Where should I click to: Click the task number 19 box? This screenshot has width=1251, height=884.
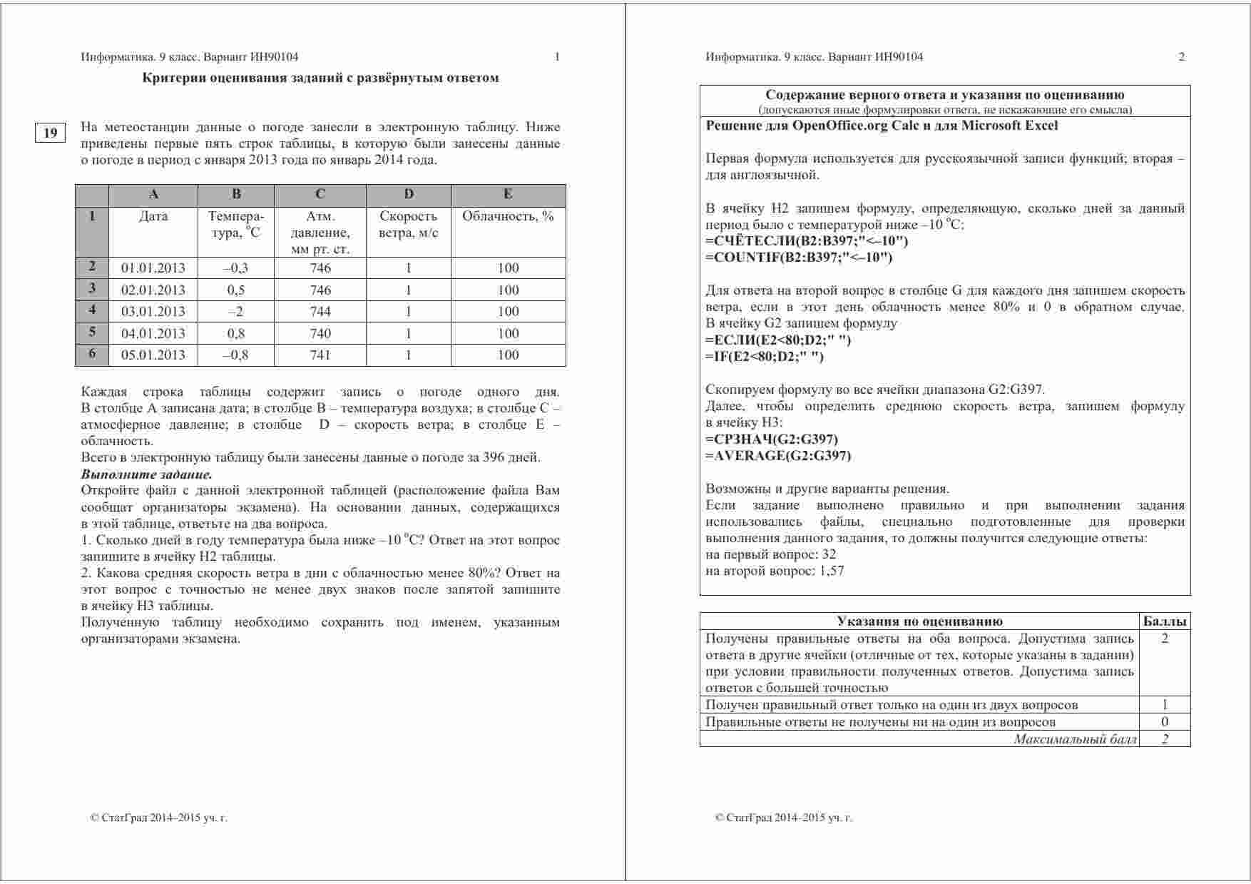(50, 133)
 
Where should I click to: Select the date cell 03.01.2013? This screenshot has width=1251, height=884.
(153, 311)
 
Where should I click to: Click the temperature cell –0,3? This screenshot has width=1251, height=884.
(235, 268)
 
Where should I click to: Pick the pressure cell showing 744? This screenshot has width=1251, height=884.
(320, 311)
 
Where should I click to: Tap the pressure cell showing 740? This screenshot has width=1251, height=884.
(320, 333)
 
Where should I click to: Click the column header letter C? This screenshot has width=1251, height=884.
(320, 194)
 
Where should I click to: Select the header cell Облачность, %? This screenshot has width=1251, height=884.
(508, 216)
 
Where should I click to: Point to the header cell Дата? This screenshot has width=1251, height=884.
(153, 216)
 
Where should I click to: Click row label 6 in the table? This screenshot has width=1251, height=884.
(92, 354)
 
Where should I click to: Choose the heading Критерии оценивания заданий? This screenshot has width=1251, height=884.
(320, 78)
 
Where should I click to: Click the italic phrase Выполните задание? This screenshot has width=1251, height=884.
(147, 474)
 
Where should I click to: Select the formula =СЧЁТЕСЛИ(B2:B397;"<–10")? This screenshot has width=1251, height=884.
(807, 240)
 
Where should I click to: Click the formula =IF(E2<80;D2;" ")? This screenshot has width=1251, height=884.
(764, 356)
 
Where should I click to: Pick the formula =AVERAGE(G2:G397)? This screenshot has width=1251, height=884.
(778, 455)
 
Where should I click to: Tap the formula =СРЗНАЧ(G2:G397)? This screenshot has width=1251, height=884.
(772, 439)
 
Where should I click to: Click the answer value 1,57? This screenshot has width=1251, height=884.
(830, 571)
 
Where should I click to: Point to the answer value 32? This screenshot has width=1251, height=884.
(829, 554)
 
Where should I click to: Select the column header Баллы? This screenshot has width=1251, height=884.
(1165, 621)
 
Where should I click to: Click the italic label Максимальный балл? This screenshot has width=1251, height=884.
(1075, 739)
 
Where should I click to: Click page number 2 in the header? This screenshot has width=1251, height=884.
(1181, 57)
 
